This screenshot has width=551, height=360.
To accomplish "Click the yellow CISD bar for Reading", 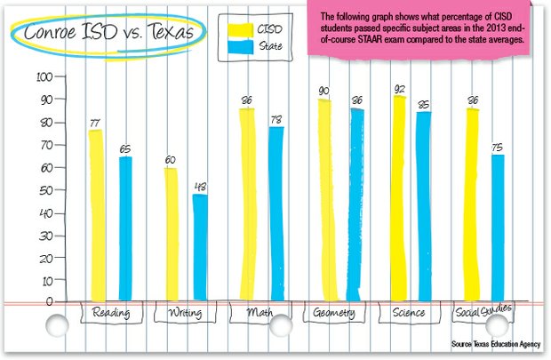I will point(95,213).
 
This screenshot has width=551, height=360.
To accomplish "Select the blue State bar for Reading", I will point(125,227).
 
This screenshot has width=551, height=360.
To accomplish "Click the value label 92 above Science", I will point(399,89).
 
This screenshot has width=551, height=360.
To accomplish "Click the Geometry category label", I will point(334,314).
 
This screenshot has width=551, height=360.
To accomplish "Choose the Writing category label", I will point(183,314).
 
